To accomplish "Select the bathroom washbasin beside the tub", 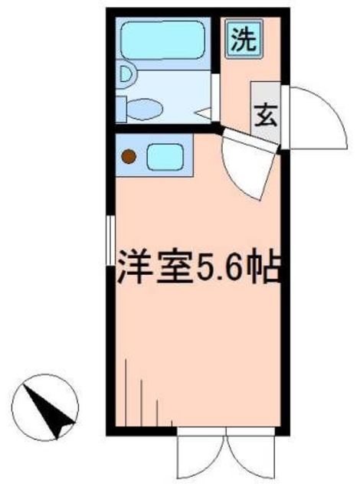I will (x=126, y=75).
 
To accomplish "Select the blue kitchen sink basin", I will (x=162, y=157).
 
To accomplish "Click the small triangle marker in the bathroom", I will (x=205, y=113).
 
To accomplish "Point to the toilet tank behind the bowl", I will (x=122, y=108).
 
